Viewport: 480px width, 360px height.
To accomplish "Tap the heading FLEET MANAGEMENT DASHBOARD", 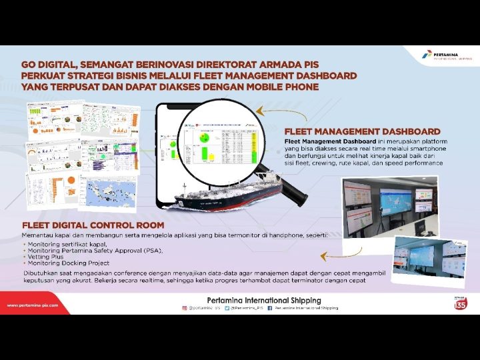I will pos(362,131).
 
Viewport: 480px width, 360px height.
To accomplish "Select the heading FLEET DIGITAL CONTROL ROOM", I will pos(93,225).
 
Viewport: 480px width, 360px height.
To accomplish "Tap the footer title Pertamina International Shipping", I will pos(265,301).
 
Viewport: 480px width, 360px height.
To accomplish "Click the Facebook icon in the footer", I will pos(269,309).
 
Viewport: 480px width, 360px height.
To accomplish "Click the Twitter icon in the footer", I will pos(227,309).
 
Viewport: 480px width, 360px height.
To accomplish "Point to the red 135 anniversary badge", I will pos(459,304).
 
